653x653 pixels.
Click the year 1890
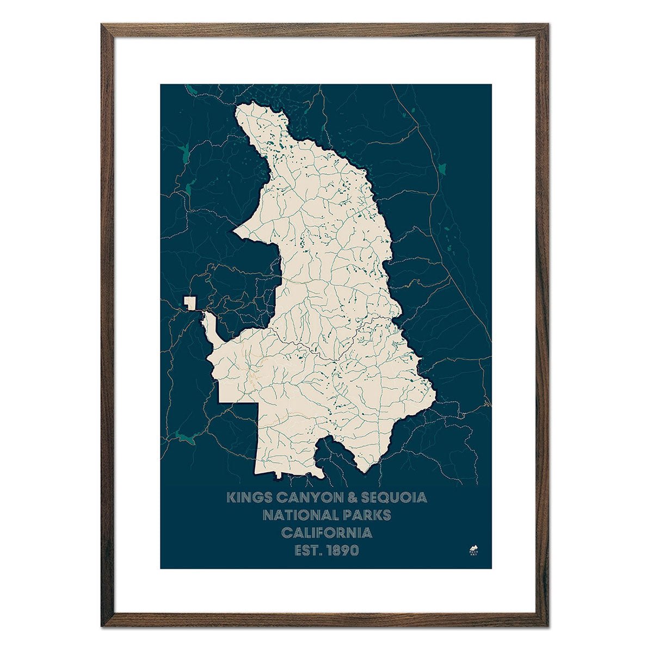pyautogui.click(x=342, y=550)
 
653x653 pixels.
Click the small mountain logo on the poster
pyautogui.click(x=473, y=548)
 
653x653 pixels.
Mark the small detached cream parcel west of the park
pyautogui.click(x=189, y=303)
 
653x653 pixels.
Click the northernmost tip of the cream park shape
pyautogui.click(x=239, y=107)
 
